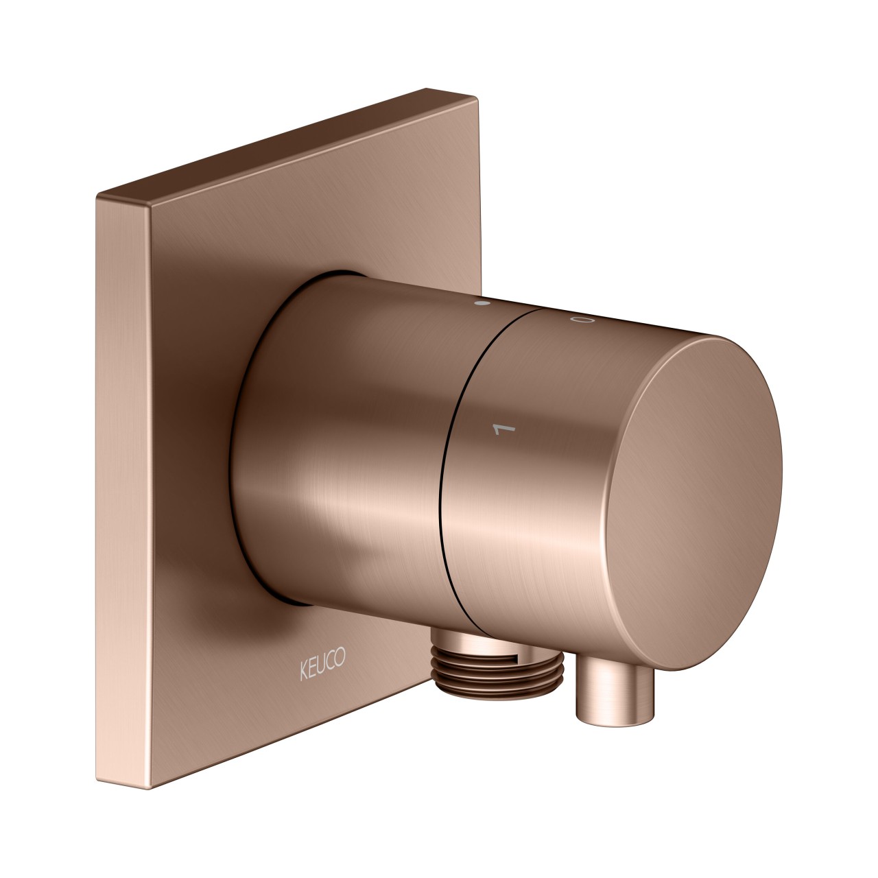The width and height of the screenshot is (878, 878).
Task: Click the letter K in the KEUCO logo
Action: (x=303, y=669)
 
